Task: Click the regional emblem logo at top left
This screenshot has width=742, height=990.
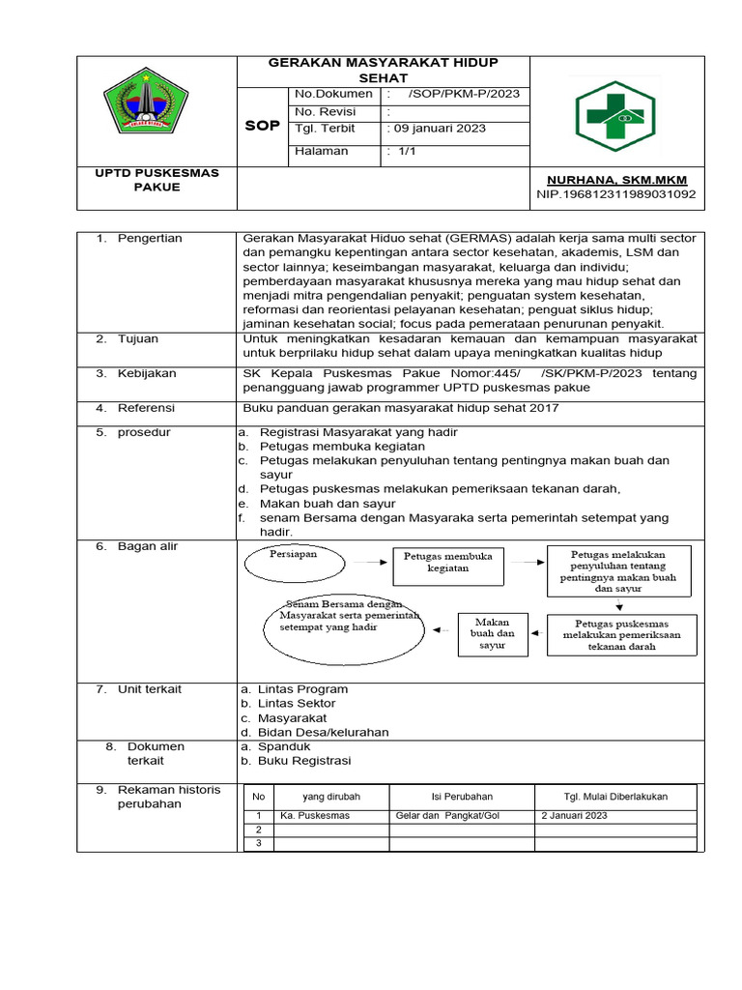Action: coord(146,102)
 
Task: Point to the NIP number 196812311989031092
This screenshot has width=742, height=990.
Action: coord(616,194)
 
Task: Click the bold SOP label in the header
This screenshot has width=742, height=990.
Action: coord(262,127)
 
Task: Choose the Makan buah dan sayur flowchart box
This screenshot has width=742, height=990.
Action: coord(492,633)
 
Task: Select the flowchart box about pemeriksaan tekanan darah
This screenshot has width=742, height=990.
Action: coord(620,635)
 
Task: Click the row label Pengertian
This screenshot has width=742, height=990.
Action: coord(150,238)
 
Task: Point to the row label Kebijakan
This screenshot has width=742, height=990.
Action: coord(149,373)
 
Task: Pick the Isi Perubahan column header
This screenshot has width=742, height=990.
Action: coord(461,797)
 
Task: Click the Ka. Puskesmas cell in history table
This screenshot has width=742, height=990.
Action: coord(314,816)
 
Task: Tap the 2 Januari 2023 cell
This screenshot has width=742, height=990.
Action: coord(574,816)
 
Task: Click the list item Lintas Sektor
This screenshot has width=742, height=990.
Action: coord(297,704)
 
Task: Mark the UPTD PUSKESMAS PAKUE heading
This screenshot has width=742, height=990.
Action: coord(157,180)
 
